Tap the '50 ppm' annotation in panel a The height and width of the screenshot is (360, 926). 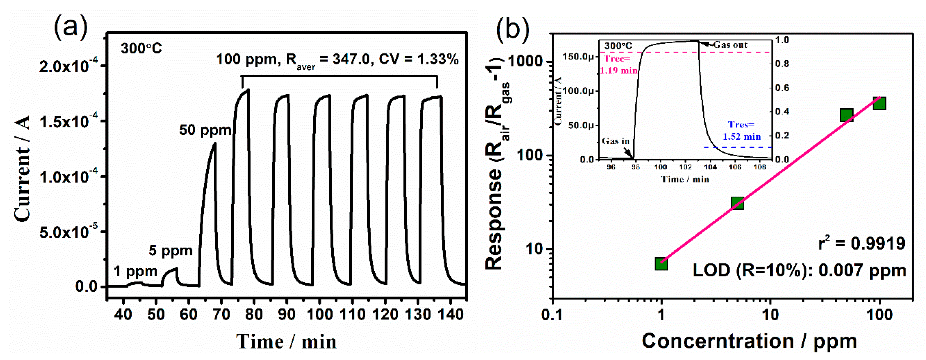205,130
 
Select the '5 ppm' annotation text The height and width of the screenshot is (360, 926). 170,250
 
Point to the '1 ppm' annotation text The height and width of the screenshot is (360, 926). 136,271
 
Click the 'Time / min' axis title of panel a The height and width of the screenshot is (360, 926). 286,341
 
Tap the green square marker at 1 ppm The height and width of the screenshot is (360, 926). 661,264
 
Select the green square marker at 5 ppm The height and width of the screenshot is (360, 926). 737,203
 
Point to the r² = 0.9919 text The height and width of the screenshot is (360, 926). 861,243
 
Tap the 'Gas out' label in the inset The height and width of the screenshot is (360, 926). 730,45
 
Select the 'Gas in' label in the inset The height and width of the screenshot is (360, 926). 616,141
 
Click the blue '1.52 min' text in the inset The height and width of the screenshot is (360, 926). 742,137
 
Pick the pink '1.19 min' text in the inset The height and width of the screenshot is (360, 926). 619,70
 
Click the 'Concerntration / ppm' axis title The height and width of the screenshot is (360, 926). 749,341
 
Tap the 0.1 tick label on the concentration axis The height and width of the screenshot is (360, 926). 552,314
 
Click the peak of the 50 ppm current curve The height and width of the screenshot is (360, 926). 215,143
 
